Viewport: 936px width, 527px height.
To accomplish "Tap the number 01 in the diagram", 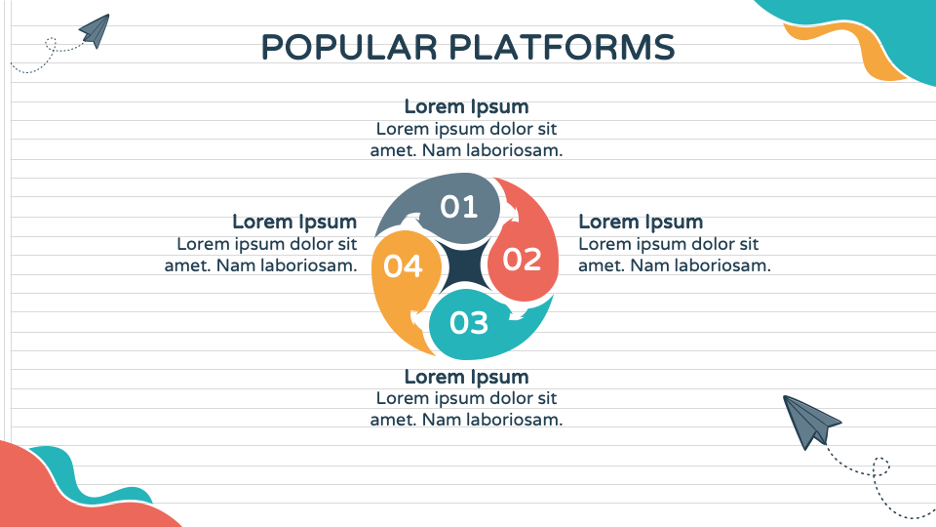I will pos(458,207).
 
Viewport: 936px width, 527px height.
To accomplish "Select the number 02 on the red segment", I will pos(522,260).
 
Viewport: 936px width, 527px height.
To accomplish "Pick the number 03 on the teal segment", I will pos(469,322).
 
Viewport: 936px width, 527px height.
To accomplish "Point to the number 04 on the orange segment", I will pos(403,265).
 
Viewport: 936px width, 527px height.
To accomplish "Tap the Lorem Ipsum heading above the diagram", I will pos(466,106).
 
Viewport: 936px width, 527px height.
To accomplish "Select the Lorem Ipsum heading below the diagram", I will pos(466,377).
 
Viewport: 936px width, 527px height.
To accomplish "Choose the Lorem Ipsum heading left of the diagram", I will pos(294,223).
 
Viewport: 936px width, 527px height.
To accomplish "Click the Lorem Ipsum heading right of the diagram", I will pos(641,223).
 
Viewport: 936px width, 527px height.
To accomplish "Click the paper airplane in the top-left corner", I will pos(95,30).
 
